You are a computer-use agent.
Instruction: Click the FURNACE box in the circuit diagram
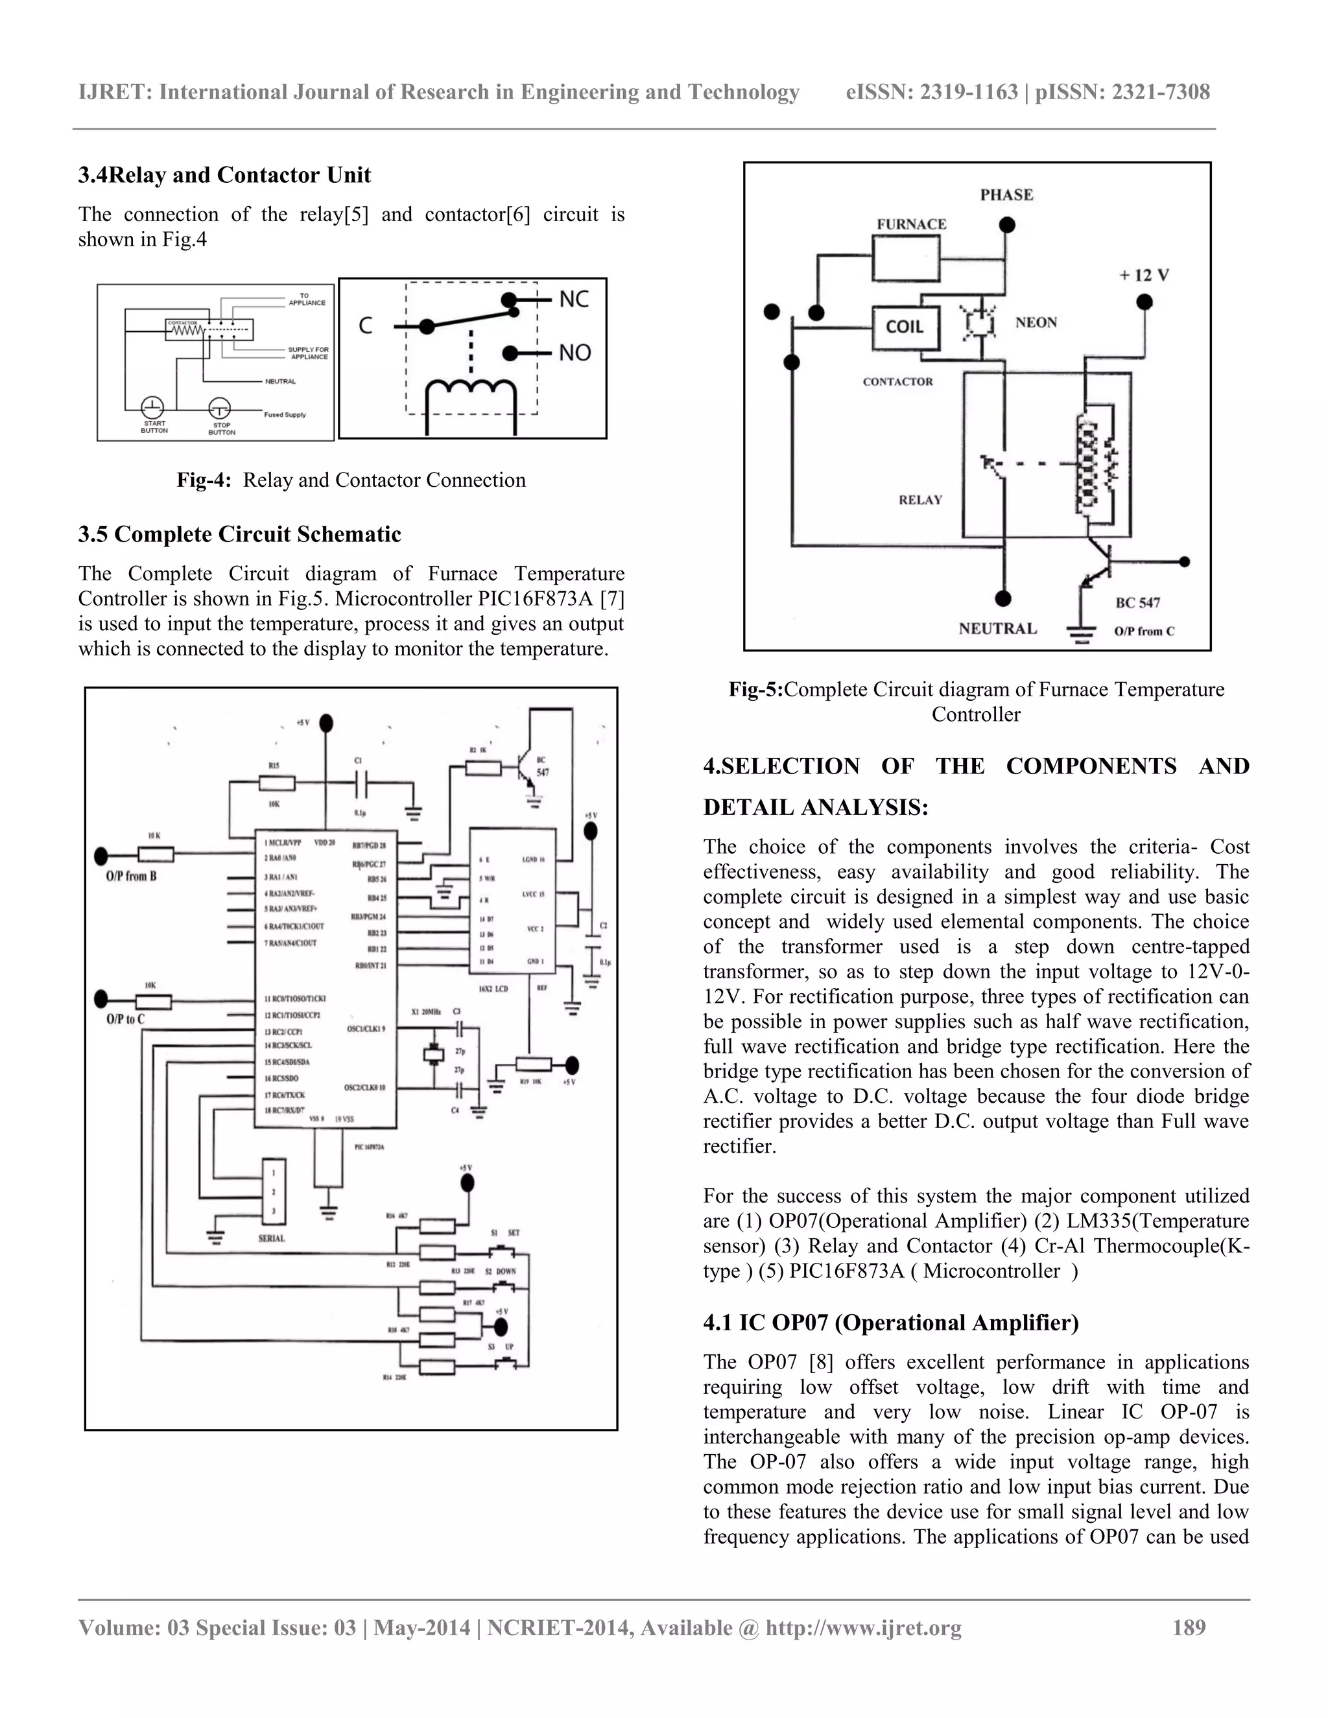click(907, 259)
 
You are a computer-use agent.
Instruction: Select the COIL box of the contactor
click(905, 327)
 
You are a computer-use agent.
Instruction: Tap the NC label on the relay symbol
click(573, 300)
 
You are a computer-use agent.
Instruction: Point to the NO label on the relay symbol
click(575, 353)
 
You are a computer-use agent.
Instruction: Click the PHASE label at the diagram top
click(1006, 195)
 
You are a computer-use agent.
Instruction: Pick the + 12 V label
click(1144, 276)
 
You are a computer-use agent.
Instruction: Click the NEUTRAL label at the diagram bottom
click(997, 628)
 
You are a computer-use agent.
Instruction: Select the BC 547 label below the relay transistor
click(1137, 602)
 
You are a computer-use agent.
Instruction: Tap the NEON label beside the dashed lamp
click(1036, 322)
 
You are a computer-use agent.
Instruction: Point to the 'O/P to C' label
click(126, 1020)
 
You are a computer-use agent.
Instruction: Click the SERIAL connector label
click(272, 1238)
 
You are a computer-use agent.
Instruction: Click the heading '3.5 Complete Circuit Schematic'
click(239, 534)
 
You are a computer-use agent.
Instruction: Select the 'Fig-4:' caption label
click(204, 480)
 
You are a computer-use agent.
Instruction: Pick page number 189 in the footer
click(1189, 1627)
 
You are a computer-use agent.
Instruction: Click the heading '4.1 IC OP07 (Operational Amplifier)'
click(890, 1323)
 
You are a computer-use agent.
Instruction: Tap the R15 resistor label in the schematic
click(274, 766)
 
